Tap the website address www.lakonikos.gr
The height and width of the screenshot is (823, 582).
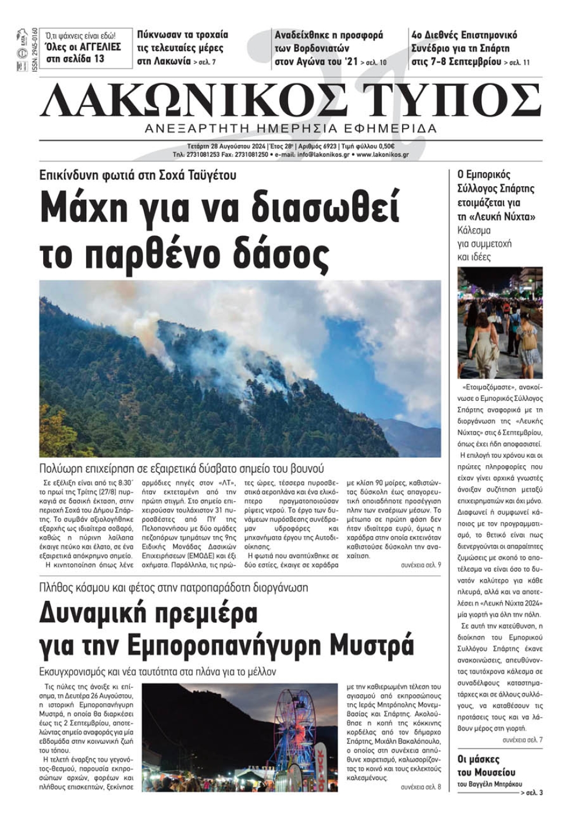tap(382, 155)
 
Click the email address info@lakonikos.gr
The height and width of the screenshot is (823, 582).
tap(324, 155)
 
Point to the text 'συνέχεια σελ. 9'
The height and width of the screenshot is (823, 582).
tap(421, 565)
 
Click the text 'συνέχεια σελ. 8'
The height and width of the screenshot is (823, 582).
tap(421, 787)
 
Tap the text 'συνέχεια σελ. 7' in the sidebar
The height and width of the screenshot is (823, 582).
tap(522, 740)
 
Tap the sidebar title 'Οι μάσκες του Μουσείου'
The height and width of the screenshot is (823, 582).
tap(487, 765)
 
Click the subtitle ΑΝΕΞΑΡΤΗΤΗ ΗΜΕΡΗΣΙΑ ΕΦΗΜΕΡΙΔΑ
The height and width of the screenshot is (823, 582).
tap(290, 129)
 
